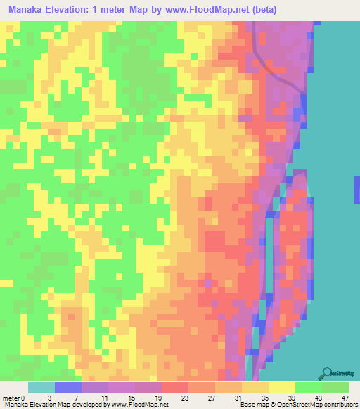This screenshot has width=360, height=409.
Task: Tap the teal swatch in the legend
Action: tap(41, 387)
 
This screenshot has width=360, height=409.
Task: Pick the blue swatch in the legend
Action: tap(68, 387)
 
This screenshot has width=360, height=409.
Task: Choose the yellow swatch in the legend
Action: tap(282, 387)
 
